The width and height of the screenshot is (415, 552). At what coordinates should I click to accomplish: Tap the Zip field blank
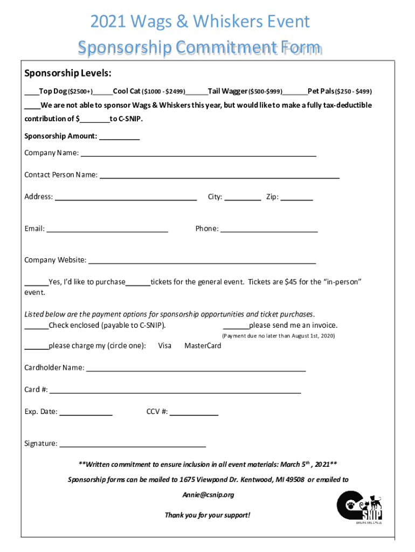(x=296, y=198)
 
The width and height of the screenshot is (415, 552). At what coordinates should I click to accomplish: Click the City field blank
(x=242, y=198)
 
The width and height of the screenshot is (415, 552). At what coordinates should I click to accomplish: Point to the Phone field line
(x=269, y=231)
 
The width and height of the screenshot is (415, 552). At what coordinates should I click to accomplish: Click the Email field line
(x=107, y=231)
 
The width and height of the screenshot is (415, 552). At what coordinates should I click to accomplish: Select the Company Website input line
(x=202, y=263)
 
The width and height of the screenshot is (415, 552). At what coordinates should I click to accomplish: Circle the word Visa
(x=164, y=346)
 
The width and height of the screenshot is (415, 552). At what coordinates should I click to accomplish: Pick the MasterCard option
(x=203, y=346)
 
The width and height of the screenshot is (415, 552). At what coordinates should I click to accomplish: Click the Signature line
(x=132, y=446)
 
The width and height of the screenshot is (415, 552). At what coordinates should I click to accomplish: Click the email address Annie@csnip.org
(x=208, y=495)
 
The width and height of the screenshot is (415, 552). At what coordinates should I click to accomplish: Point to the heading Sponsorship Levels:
(x=68, y=73)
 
